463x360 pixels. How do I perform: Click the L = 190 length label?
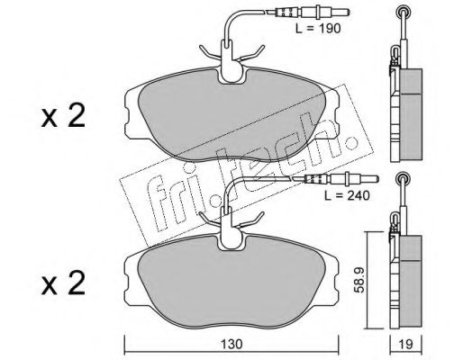tap(318, 29)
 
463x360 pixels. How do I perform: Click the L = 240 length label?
tap(347, 195)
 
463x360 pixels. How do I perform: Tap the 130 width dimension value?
tap(231, 344)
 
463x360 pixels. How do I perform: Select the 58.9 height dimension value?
tap(359, 280)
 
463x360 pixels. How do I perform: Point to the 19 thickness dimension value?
tap(406, 344)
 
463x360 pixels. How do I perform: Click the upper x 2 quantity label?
tap(63, 116)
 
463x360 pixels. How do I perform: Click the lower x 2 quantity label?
tap(63, 283)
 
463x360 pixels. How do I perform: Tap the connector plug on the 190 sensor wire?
tap(313, 13)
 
